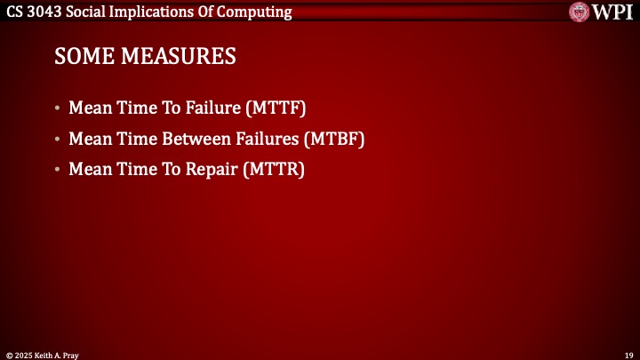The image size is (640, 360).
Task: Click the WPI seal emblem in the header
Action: pyautogui.click(x=581, y=12)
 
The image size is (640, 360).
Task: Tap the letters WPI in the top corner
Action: pyautogui.click(x=614, y=12)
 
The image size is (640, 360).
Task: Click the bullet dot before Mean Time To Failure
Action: pyautogui.click(x=58, y=109)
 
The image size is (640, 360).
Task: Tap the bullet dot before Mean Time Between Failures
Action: pyautogui.click(x=58, y=140)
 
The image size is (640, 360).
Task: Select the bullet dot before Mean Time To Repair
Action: pyautogui.click(x=58, y=170)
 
